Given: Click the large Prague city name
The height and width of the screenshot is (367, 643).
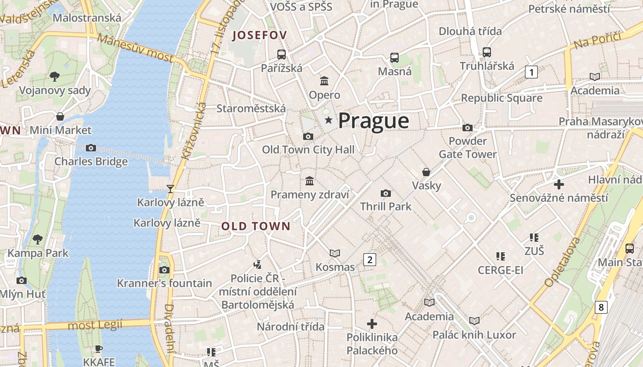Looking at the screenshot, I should [373, 121].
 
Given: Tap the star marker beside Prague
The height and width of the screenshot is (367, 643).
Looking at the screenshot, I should [328, 120].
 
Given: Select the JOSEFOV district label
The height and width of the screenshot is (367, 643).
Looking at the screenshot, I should [260, 35].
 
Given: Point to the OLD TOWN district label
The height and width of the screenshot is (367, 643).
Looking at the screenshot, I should [256, 226].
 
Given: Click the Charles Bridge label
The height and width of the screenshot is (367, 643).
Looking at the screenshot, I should [91, 161].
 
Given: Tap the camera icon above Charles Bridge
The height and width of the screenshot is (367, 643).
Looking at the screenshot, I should [91, 148].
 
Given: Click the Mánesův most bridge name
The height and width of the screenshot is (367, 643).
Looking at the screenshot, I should [135, 48].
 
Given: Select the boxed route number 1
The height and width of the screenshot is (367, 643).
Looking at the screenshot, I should [531, 72].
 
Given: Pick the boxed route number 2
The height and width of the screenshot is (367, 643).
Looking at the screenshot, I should [370, 260].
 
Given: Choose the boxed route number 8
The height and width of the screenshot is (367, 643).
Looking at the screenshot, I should [601, 307].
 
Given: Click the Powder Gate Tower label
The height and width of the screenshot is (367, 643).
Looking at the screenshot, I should [468, 147].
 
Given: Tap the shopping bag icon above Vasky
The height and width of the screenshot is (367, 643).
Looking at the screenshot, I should [426, 172].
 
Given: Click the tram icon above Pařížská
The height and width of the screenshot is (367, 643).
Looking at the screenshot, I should [281, 54].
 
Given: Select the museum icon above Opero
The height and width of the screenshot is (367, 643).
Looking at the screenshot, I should [324, 81].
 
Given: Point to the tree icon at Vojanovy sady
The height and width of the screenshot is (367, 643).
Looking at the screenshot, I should [55, 76].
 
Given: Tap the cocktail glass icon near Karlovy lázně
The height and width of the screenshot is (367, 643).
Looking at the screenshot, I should [170, 189].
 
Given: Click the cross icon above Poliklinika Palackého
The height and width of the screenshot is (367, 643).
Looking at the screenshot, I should [372, 324].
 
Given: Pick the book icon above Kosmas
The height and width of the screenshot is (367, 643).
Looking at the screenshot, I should [335, 253].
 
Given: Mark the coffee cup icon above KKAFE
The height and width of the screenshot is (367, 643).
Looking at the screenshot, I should [99, 348].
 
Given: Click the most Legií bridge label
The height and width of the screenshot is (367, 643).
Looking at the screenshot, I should [95, 325].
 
